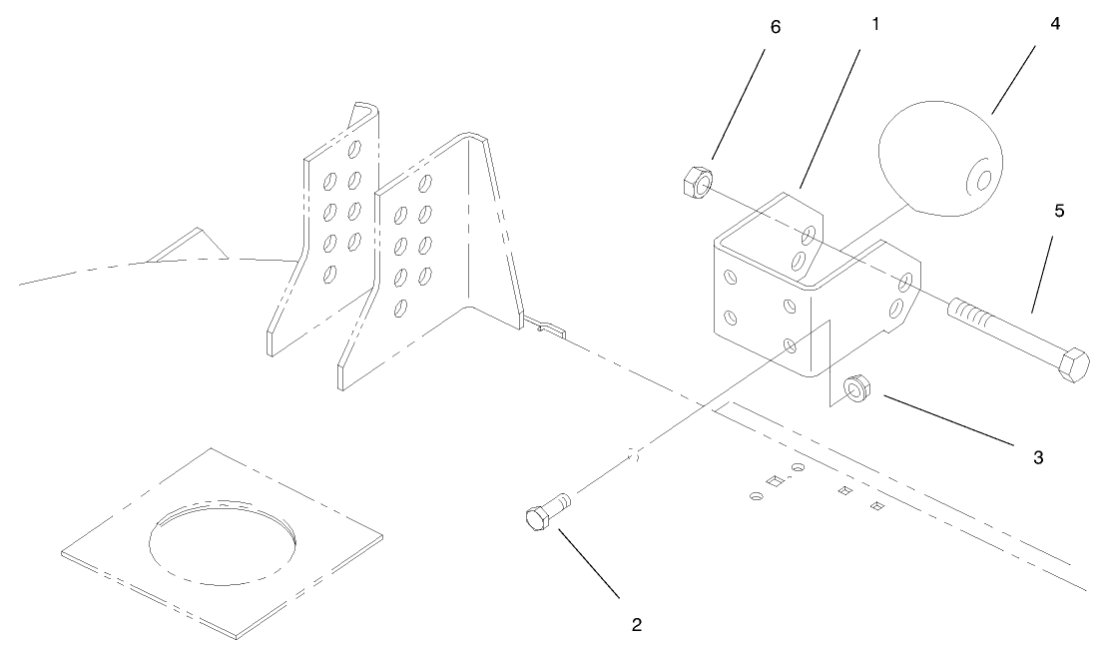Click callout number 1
point(875,22)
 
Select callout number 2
point(637,626)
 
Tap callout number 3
point(1038,457)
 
